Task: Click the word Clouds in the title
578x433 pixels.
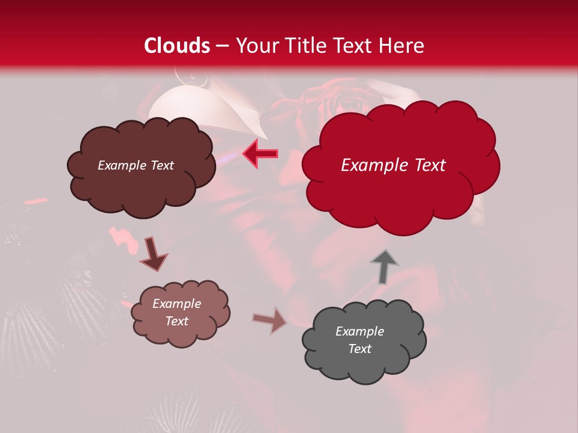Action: pyautogui.click(x=177, y=46)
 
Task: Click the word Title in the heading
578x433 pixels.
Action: pyautogui.click(x=305, y=46)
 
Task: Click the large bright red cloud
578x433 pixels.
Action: pyautogui.click(x=400, y=192)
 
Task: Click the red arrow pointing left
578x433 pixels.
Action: pyautogui.click(x=260, y=153)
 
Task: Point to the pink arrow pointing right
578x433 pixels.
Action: pyautogui.click(x=270, y=320)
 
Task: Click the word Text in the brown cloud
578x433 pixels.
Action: pyautogui.click(x=161, y=165)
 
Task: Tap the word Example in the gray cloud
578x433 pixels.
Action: pyautogui.click(x=359, y=331)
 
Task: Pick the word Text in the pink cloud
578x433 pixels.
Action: pyautogui.click(x=176, y=321)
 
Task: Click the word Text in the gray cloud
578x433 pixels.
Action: pyautogui.click(x=359, y=349)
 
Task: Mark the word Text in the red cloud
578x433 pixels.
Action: pyautogui.click(x=430, y=165)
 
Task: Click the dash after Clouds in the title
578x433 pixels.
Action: pyautogui.click(x=222, y=46)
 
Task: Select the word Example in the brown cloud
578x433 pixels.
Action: pyautogui.click(x=122, y=165)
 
